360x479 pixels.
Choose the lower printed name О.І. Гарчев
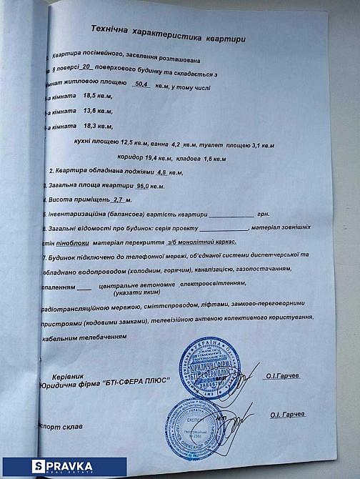point(288,415)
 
